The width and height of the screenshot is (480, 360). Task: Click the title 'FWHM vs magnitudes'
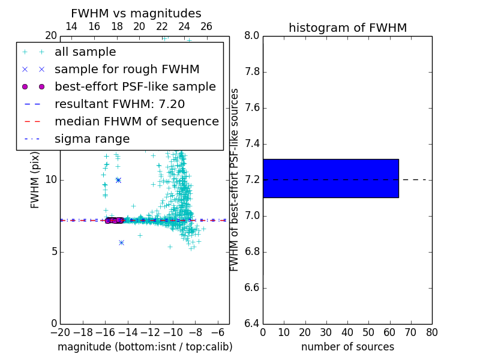(136, 13)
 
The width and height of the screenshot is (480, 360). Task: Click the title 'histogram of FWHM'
(347, 28)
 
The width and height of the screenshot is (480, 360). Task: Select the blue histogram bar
(331, 178)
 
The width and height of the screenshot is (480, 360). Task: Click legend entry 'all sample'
(85, 52)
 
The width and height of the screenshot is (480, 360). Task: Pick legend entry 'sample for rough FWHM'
(127, 70)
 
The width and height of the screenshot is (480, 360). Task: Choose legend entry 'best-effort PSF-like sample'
(135, 86)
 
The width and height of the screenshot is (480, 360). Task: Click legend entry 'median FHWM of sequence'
(136, 121)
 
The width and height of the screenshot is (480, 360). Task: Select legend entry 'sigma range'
(92, 139)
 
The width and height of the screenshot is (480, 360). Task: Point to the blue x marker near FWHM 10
(118, 180)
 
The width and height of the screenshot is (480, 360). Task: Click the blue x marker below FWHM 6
(121, 242)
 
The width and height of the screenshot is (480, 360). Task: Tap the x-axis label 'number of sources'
(347, 347)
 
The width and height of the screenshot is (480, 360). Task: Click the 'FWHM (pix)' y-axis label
(35, 181)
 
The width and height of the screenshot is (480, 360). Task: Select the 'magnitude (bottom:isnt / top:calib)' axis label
(145, 347)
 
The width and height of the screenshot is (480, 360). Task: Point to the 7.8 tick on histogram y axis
(252, 72)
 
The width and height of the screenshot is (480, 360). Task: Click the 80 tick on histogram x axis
(431, 332)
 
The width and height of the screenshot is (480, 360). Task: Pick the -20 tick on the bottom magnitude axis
(60, 332)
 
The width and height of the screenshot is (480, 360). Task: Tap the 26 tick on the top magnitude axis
(206, 26)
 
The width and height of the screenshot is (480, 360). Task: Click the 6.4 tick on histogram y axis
(252, 324)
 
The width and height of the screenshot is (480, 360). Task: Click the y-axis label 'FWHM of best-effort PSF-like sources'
(235, 179)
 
